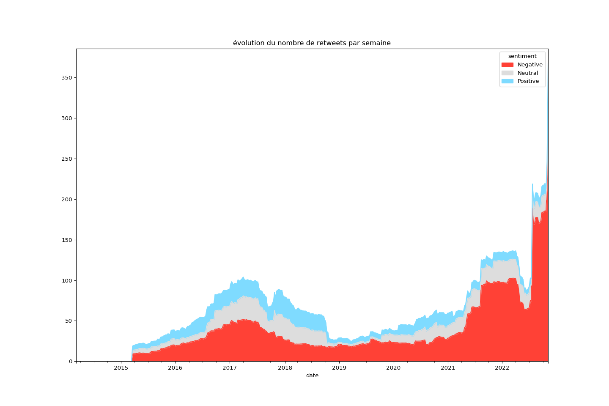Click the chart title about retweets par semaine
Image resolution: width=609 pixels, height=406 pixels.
pyautogui.click(x=312, y=43)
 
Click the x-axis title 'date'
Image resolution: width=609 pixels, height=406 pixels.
pyautogui.click(x=312, y=376)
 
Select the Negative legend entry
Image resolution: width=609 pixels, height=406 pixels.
pyautogui.click(x=529, y=65)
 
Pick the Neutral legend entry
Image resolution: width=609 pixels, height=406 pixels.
pyautogui.click(x=527, y=73)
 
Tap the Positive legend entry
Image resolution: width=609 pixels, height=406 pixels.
pyautogui.click(x=528, y=81)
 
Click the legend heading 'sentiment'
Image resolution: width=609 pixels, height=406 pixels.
pyautogui.click(x=522, y=56)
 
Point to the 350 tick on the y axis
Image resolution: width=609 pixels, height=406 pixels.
pyautogui.click(x=67, y=78)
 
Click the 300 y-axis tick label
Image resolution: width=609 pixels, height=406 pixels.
pyautogui.click(x=67, y=118)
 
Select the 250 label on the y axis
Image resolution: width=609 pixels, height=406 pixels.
pyautogui.click(x=67, y=159)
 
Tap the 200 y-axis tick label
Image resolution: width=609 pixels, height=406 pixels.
pyautogui.click(x=67, y=200)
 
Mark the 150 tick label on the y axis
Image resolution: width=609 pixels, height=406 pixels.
pyautogui.click(x=67, y=240)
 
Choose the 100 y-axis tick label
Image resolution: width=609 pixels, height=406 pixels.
pyautogui.click(x=67, y=281)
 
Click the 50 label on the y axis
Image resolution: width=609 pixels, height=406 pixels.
pyautogui.click(x=68, y=321)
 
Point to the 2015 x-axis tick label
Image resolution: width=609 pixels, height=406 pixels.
pyautogui.click(x=121, y=368)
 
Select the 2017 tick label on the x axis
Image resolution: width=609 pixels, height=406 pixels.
pyautogui.click(x=230, y=368)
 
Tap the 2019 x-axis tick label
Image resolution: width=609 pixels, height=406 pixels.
pyautogui.click(x=339, y=368)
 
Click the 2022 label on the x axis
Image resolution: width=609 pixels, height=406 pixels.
pyautogui.click(x=502, y=368)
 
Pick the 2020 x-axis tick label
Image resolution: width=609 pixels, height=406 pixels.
pyautogui.click(x=393, y=368)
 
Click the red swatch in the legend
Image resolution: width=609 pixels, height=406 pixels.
pyautogui.click(x=507, y=65)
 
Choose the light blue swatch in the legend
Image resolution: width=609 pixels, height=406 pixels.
pyautogui.click(x=507, y=81)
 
